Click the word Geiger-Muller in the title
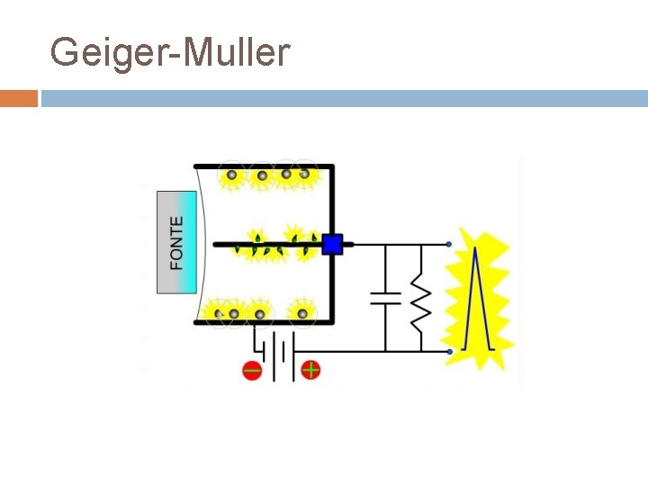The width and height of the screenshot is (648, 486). [170, 53]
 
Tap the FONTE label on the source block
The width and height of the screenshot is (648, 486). [176, 242]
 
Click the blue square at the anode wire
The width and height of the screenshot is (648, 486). [332, 244]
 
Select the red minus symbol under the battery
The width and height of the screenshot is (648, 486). [252, 370]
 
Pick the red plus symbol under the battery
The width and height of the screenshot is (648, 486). [310, 369]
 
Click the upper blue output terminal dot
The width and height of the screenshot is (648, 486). [449, 244]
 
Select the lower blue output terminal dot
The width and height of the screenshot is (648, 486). [449, 351]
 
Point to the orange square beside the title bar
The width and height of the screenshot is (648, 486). [18, 98]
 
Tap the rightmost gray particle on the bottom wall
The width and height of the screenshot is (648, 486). [303, 313]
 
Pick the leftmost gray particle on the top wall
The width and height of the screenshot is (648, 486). [232, 175]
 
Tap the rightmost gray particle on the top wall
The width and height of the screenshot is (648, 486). [305, 175]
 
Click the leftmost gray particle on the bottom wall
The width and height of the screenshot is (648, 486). [219, 314]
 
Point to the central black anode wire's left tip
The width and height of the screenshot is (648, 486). [215, 244]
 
